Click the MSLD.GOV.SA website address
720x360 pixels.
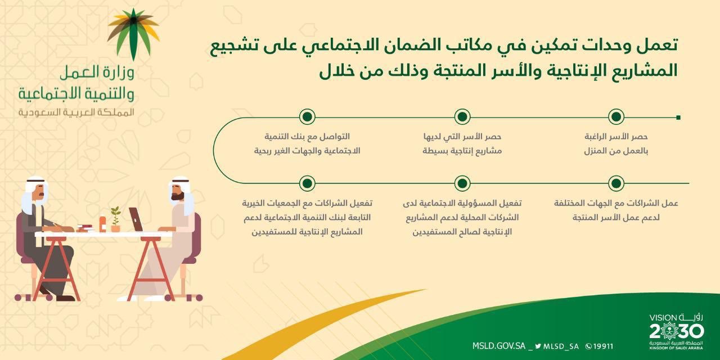click(x=499, y=346)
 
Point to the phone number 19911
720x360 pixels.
click(x=600, y=346)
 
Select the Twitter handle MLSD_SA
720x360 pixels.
click(x=558, y=346)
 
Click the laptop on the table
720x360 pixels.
click(x=136, y=219)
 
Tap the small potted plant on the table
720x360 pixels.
click(x=115, y=219)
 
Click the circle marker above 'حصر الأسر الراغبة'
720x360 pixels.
click(x=616, y=117)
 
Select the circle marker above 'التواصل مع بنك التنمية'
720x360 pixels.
click(x=307, y=117)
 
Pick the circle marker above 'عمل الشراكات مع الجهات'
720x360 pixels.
click(x=616, y=183)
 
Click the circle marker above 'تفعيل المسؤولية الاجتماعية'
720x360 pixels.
click(x=462, y=183)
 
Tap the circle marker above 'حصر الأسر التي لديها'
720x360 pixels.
click(x=462, y=117)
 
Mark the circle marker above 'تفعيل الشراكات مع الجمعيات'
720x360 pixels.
click(x=307, y=183)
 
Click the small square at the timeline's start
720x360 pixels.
click(x=678, y=117)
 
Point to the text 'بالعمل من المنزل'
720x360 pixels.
click(x=618, y=151)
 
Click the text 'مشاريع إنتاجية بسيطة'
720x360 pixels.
click(x=462, y=151)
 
